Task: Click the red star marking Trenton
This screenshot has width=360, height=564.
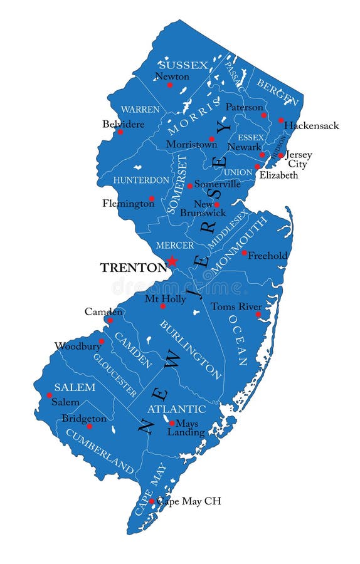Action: point(172,261)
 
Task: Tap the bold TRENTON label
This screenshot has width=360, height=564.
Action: point(133,268)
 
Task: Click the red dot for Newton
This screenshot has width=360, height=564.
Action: point(169,85)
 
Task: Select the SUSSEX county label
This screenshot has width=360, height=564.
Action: point(183,65)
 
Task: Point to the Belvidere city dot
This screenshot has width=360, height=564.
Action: point(120,132)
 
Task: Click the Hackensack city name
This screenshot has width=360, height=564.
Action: point(311,125)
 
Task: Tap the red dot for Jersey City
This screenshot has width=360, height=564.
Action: point(281,155)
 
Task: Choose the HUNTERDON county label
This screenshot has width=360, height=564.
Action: point(141,180)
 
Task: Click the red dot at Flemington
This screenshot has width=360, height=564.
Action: point(151,199)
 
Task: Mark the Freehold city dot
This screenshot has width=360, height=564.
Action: point(244,253)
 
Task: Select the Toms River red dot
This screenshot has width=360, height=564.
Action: point(258,315)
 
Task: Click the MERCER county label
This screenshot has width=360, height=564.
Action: point(174,245)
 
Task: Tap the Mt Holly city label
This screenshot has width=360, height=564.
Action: point(165,299)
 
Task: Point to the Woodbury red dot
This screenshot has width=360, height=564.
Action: point(101,342)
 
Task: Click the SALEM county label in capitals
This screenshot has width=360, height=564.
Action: point(75,387)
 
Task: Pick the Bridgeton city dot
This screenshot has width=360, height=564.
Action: point(89,426)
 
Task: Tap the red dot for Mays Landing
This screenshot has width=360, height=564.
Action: point(172,423)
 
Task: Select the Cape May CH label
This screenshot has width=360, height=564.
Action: point(189,501)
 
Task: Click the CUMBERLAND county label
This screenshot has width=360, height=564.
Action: point(100,451)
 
